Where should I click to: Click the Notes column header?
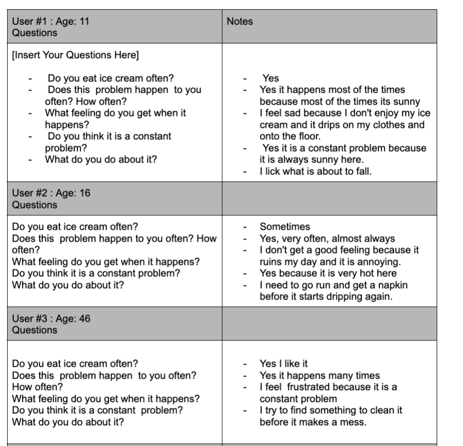coord(240,22)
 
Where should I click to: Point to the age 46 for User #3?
coord(84,319)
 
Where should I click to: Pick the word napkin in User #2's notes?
coord(396,285)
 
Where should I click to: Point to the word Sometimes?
coord(285,227)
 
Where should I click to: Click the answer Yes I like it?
coord(284,364)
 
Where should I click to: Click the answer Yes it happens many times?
coord(319,376)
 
